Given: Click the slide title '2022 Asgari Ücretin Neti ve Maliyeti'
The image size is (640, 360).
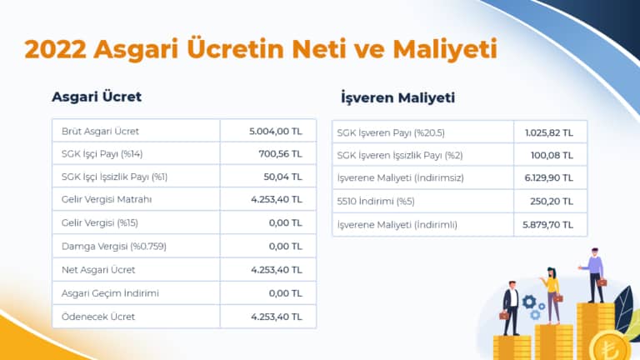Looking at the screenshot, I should (261, 48).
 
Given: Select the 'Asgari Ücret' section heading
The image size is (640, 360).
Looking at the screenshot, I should (97, 97).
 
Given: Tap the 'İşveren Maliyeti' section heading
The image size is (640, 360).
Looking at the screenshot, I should (397, 98).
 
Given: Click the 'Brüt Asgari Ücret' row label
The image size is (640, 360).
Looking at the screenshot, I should (100, 131).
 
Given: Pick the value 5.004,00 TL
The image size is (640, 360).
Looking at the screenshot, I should (275, 131).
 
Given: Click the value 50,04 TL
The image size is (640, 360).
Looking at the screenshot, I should (282, 177).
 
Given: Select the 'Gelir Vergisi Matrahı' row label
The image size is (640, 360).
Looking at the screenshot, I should (107, 200).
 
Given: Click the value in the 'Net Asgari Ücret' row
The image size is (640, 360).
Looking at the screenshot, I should (275, 270).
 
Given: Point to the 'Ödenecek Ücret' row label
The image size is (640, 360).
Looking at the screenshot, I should (97, 317).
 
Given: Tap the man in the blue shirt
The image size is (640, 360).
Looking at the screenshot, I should (595, 271).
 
